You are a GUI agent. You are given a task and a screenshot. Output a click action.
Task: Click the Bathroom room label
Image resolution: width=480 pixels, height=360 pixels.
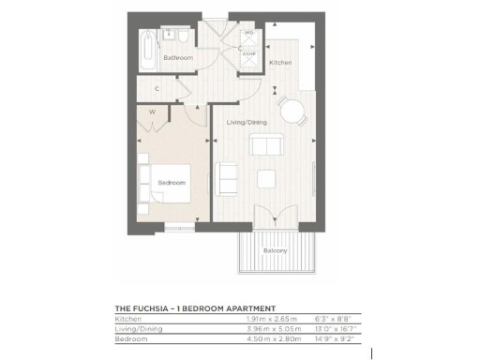point(178,58)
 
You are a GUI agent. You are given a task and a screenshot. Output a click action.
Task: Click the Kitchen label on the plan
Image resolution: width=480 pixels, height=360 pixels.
point(280,63)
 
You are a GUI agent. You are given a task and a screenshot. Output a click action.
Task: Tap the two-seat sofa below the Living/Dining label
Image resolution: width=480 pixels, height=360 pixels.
point(266,145)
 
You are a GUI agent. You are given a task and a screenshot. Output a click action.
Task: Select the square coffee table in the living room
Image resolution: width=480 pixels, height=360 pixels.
point(268,178)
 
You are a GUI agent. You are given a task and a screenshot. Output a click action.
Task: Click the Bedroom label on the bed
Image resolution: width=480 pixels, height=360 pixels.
point(171,182)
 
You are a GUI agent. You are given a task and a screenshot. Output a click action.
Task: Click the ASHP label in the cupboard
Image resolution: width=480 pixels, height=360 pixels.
point(248,54)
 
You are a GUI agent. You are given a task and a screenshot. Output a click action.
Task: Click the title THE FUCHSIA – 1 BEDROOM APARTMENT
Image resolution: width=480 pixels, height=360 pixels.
point(194,307)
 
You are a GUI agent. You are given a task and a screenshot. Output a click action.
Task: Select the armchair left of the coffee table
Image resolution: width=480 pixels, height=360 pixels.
point(227,176)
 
